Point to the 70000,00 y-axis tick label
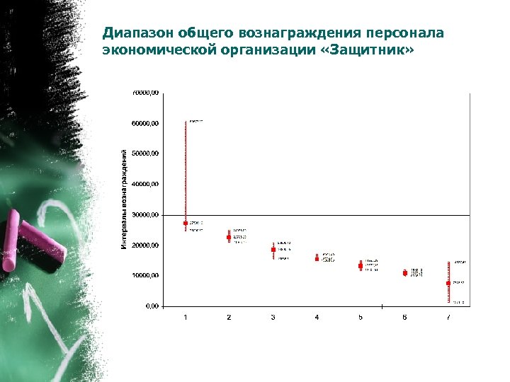(x=146, y=93)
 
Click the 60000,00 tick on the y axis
(x=146, y=123)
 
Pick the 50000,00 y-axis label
(x=146, y=154)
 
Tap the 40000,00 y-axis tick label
(x=146, y=184)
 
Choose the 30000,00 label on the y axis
(x=146, y=214)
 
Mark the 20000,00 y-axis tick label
(x=146, y=245)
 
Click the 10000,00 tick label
(x=146, y=276)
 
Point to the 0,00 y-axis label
(x=151, y=306)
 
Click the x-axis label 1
(x=186, y=318)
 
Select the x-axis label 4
(x=317, y=318)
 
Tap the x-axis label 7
(x=448, y=318)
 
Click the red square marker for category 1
(x=186, y=223)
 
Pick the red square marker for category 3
(x=273, y=250)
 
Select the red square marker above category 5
(x=361, y=266)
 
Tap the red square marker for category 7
(x=448, y=283)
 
